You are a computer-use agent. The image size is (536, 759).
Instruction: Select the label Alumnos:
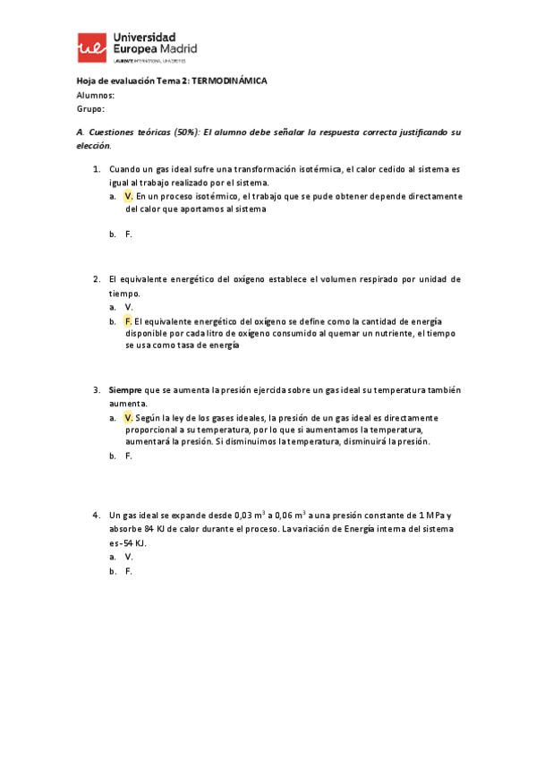coord(96,95)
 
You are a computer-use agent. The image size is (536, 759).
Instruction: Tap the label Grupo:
coord(91,109)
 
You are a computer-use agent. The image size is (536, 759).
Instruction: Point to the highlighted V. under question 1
coord(129,196)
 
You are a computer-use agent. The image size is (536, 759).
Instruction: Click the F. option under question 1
coord(129,234)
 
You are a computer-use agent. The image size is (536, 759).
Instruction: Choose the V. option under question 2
coord(129,307)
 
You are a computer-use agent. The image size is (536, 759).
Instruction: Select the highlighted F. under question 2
coord(129,320)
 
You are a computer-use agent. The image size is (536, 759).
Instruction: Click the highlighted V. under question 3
coord(129,417)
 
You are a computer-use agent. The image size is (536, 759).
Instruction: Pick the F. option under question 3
coord(129,456)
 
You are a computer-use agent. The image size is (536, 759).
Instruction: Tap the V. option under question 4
coord(129,556)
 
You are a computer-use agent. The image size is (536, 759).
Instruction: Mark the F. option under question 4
coord(129,570)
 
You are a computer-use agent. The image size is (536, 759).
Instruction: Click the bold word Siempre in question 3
coord(124,390)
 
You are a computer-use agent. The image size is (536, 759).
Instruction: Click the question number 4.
coord(96,516)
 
